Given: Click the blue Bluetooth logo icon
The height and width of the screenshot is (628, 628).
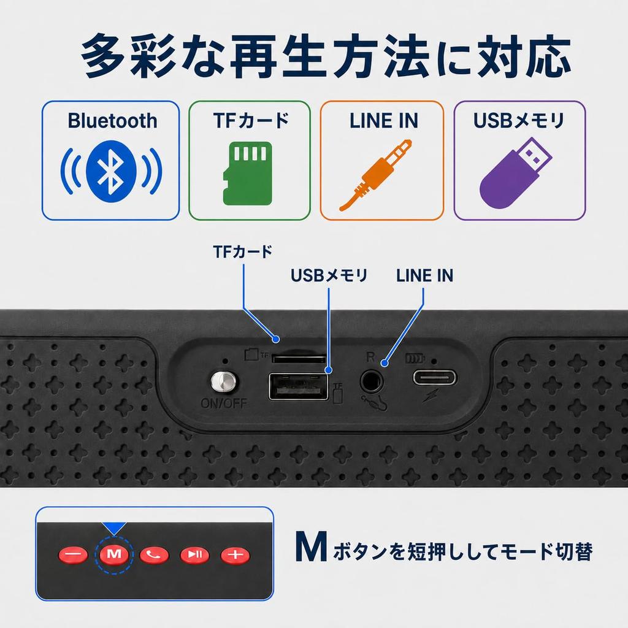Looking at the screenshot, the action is [x=111, y=172].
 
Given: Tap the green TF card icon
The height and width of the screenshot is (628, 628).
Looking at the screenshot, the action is [x=248, y=174].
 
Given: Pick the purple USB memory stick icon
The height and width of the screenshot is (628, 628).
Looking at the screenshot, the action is [x=515, y=172].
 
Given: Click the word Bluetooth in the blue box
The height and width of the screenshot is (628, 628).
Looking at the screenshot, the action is [x=112, y=121].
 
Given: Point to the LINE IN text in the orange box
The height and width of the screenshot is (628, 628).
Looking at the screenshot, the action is [x=384, y=121].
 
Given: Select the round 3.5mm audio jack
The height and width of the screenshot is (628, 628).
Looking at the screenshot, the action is [x=371, y=381].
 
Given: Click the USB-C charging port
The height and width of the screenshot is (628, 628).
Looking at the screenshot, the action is [x=435, y=377].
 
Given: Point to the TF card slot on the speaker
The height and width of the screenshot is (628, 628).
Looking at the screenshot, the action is [x=299, y=358].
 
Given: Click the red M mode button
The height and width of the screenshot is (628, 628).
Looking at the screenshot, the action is [x=114, y=554].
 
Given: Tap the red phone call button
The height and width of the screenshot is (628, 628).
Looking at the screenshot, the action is [x=154, y=554].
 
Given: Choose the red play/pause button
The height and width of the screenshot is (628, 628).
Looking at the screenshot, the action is [x=195, y=554].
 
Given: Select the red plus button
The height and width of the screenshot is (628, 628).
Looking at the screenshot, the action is [x=235, y=554].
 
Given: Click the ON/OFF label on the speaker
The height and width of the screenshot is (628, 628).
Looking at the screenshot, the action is [x=224, y=403].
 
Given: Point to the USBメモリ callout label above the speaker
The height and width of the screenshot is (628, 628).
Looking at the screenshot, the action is [x=329, y=275].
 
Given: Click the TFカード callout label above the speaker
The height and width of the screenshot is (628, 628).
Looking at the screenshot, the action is [x=243, y=251].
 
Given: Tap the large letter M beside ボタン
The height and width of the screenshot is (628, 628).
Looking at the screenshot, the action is [x=311, y=546].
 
